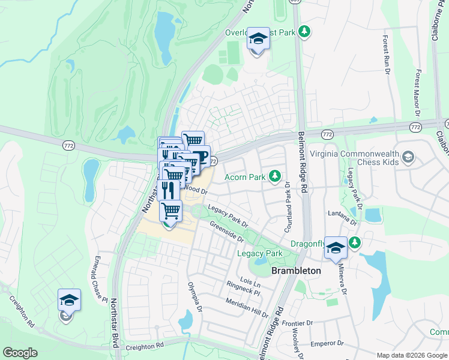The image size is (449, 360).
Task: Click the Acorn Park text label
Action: [245, 177]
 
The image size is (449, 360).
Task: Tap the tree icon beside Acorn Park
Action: [275, 176]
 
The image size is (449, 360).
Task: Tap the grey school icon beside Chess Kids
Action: [408, 157]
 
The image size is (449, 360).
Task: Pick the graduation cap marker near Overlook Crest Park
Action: [258, 40]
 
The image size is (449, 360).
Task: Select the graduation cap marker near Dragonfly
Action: [336, 247]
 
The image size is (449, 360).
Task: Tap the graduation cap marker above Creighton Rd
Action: [69, 300]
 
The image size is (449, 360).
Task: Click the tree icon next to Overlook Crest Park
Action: [304, 31]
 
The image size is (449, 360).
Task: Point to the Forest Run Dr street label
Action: [386, 51]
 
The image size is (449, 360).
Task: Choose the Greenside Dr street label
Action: [226, 231]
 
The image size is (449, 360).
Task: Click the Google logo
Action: [20, 353]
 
